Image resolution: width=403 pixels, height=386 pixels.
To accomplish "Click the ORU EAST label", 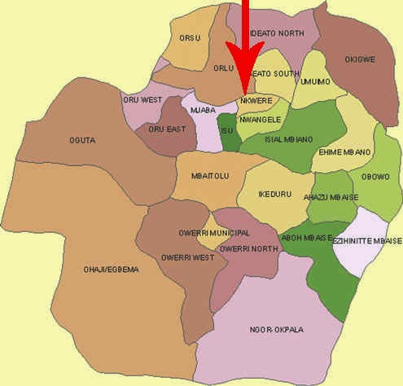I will pyautogui.click(x=165, y=128).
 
